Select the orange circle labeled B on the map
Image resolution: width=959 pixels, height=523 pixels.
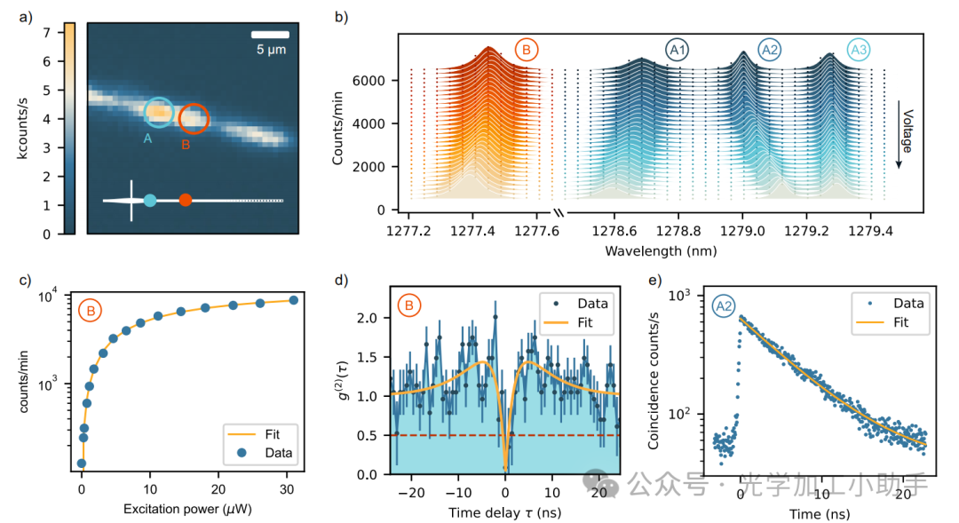click(x=194, y=118)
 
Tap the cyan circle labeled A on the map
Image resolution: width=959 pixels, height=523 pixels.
click(x=159, y=112)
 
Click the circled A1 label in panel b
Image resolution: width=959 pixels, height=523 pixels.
click(x=678, y=52)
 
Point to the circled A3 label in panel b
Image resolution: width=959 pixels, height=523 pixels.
click(x=859, y=52)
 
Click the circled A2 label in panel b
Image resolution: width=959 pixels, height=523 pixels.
click(x=770, y=52)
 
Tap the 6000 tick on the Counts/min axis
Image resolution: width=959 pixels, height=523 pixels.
click(x=371, y=81)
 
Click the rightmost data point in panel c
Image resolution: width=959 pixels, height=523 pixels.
click(x=294, y=300)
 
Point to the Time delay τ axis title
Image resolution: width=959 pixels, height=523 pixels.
click(x=504, y=512)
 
